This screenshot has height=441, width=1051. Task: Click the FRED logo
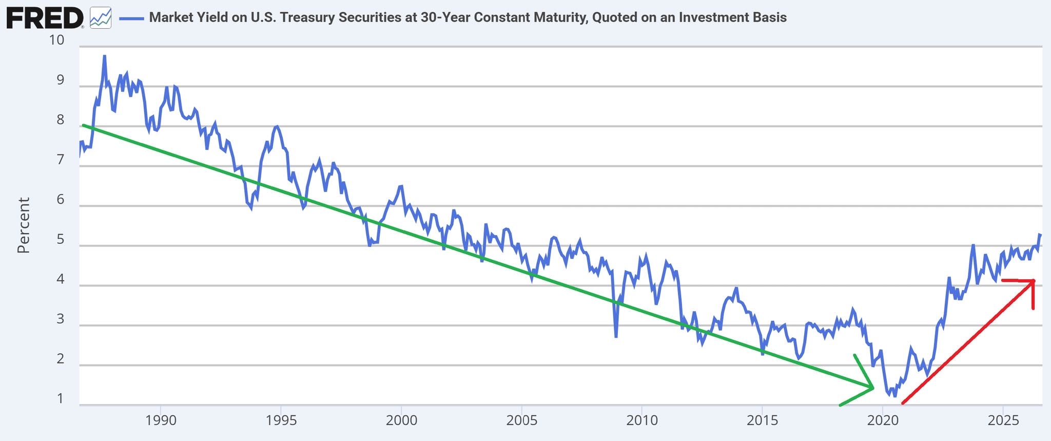[45, 18]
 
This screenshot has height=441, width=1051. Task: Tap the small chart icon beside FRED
[100, 18]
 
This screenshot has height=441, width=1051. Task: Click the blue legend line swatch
[131, 18]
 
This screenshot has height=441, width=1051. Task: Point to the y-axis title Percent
[23, 225]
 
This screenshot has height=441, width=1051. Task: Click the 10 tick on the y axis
[56, 40]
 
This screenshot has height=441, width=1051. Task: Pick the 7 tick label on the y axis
[61, 160]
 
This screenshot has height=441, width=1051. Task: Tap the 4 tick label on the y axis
[61, 279]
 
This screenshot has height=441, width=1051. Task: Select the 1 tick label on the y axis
[61, 398]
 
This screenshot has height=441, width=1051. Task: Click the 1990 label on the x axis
[161, 420]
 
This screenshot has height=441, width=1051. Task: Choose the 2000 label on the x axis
[401, 420]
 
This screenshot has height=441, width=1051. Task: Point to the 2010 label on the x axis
[642, 420]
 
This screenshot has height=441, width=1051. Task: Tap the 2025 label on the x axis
[1003, 420]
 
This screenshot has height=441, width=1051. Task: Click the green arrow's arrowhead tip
[873, 388]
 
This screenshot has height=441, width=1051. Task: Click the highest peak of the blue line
[104, 56]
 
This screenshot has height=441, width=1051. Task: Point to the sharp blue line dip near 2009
[615, 337]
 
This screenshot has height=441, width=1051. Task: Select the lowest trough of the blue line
[895, 396]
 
